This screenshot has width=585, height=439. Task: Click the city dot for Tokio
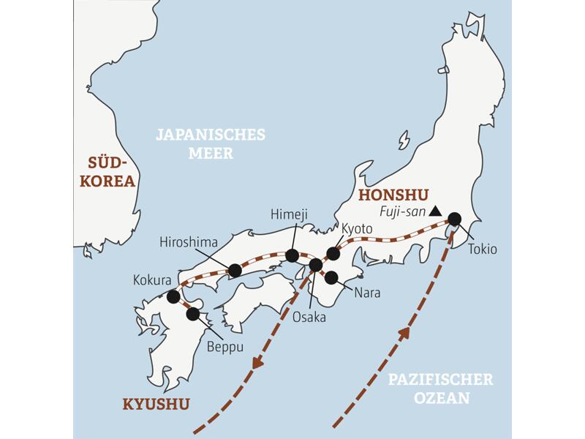click(x=454, y=218)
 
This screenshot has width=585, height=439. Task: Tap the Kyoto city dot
click(x=333, y=253)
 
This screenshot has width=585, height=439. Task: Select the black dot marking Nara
click(x=331, y=277)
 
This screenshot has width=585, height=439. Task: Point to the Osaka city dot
click(x=315, y=265)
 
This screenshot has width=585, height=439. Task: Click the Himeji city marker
click(x=292, y=255)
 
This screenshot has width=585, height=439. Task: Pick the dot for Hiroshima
click(x=235, y=271)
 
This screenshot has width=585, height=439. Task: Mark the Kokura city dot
click(x=173, y=296)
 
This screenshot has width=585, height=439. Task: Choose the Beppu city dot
click(x=193, y=314)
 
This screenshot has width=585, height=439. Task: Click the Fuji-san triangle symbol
click(x=435, y=211)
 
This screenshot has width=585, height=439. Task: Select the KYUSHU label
click(x=156, y=404)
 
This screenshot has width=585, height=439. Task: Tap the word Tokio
click(x=483, y=249)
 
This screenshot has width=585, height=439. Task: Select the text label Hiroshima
click(x=189, y=242)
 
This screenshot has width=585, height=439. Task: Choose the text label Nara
click(x=366, y=293)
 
